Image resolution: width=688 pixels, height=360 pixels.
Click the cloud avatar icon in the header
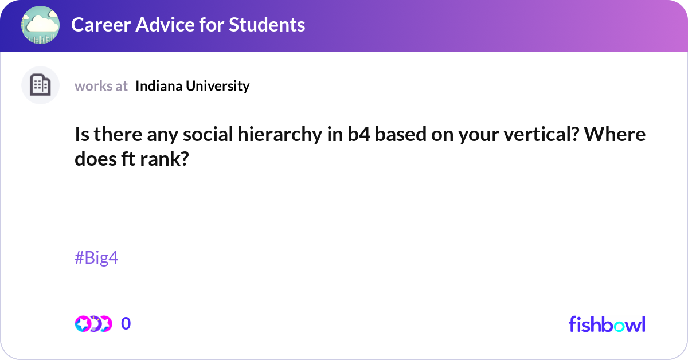[40, 25]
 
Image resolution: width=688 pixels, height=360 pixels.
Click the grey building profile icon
[40, 85]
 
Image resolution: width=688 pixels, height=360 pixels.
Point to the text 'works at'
[101, 86]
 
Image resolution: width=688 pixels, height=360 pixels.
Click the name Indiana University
[193, 86]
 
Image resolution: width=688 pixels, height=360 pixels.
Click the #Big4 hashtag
[96, 258]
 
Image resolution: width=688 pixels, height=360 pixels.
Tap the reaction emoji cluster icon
[93, 324]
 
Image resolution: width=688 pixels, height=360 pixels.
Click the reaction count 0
[126, 324]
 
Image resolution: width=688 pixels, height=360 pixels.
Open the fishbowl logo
[607, 324]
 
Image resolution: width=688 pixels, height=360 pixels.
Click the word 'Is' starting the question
[81, 135]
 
